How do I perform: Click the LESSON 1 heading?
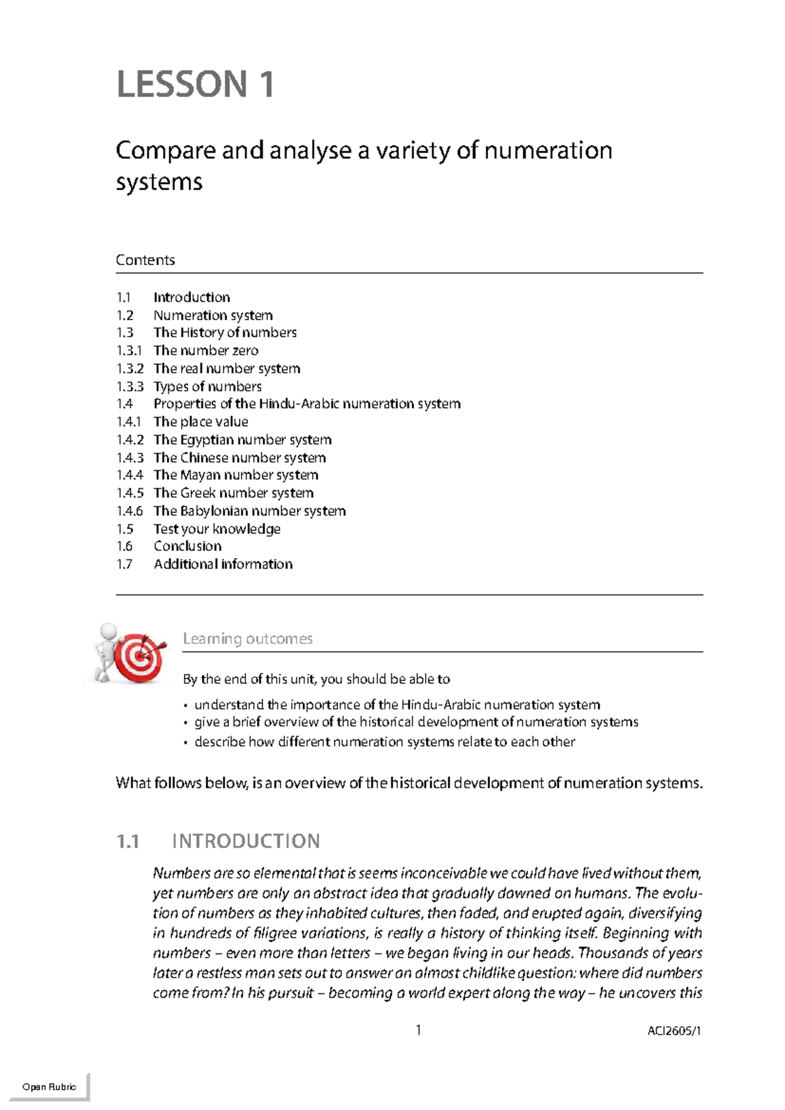tap(195, 84)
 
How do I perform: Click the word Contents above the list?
tap(145, 260)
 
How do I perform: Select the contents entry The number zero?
tap(205, 351)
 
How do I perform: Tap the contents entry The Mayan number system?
tap(235, 475)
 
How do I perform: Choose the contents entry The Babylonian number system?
tap(249, 511)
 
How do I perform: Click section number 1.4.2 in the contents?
tap(130, 440)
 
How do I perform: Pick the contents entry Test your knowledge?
tap(217, 529)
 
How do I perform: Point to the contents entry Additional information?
tap(222, 564)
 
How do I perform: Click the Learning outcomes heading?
tap(247, 639)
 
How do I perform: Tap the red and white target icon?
tap(139, 658)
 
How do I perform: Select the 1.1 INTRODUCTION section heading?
tap(218, 841)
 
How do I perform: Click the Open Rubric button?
tap(49, 1087)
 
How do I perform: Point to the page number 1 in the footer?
tap(418, 1031)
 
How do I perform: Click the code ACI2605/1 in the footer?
tap(674, 1031)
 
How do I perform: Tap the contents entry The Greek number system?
tap(233, 493)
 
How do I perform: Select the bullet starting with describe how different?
tap(384, 742)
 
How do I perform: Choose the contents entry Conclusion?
tap(187, 546)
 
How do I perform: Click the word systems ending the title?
tap(159, 182)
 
